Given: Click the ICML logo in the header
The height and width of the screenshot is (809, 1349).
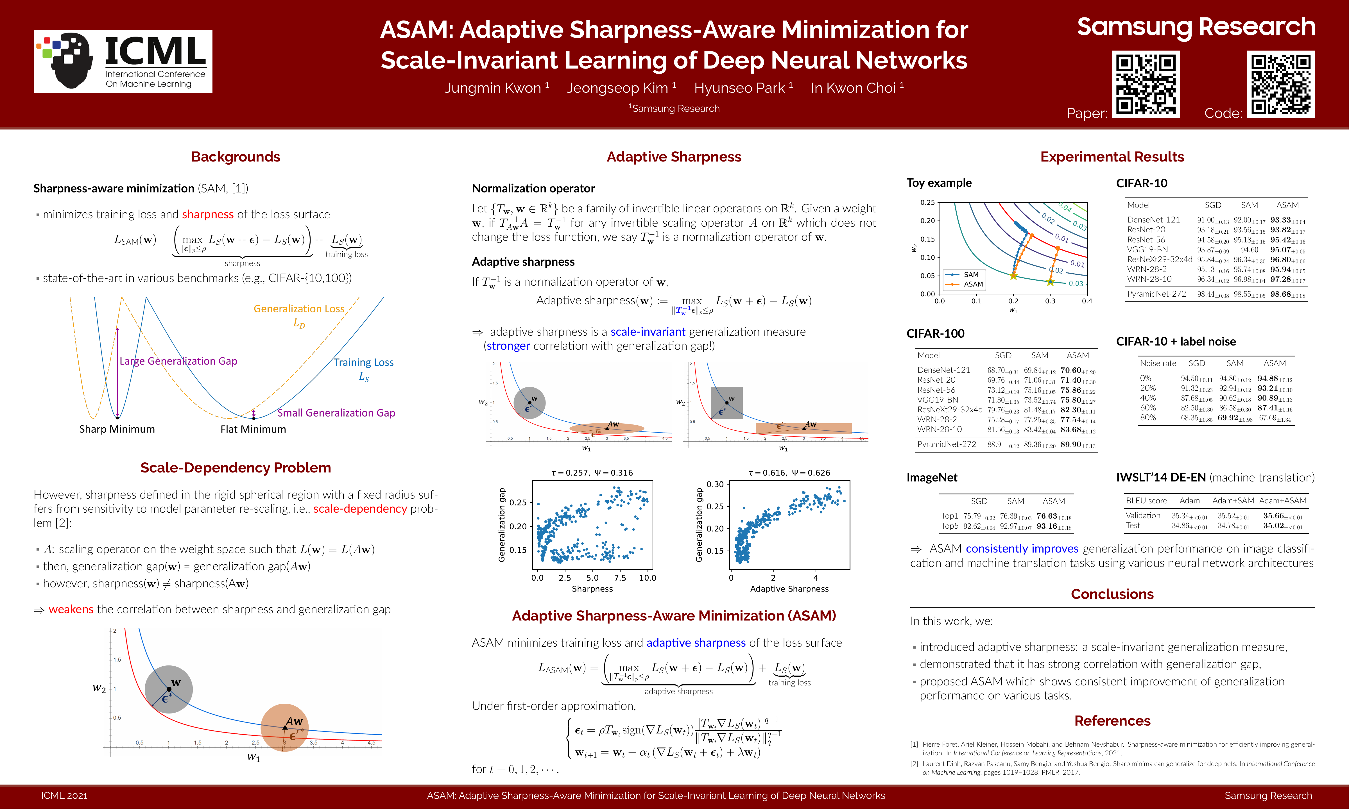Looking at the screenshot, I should click(123, 61).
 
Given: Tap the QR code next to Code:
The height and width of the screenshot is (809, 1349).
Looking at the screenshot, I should click(1280, 85).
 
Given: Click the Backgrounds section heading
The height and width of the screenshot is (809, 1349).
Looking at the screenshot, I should click(236, 157).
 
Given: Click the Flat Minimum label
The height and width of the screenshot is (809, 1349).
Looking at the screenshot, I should click(253, 429).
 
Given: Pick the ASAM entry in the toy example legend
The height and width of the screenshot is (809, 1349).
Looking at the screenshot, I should click(973, 284).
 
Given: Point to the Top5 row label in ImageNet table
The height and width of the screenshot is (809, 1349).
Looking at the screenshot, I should click(949, 526).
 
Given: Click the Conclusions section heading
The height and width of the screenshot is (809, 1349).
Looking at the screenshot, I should click(1112, 594).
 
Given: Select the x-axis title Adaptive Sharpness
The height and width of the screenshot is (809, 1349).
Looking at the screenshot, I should click(789, 589).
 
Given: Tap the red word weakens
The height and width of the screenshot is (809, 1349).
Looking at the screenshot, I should click(71, 610).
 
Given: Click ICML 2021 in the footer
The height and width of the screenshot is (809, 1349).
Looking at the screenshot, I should click(64, 796).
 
